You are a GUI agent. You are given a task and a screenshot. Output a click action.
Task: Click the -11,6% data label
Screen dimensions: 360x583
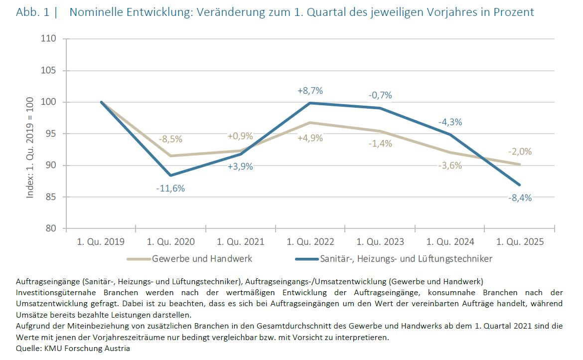point(171,189)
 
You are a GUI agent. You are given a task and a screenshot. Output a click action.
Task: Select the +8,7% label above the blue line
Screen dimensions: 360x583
point(310,91)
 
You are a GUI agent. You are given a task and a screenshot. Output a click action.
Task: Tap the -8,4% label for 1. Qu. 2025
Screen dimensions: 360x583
point(519,198)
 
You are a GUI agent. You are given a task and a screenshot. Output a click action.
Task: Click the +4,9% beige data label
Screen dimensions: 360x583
point(310,138)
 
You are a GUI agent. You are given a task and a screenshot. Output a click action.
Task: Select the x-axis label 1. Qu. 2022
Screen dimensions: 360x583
point(310,242)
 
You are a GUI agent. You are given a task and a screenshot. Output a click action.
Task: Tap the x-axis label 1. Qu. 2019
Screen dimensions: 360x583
point(101,242)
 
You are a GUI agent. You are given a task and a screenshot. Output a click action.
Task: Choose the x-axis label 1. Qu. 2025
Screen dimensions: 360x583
point(520,242)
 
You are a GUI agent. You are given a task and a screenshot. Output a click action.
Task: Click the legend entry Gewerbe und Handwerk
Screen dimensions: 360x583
point(202,259)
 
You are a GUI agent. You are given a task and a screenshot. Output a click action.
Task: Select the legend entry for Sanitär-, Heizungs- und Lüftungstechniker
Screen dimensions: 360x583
point(406,259)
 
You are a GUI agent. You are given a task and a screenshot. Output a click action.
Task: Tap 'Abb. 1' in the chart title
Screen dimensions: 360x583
point(32,12)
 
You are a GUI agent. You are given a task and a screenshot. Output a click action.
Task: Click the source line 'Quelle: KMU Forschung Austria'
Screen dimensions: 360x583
point(73,349)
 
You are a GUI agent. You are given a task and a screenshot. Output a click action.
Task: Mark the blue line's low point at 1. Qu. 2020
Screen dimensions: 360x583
point(171,176)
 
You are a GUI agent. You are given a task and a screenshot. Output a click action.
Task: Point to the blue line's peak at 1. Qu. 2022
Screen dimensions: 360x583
point(310,103)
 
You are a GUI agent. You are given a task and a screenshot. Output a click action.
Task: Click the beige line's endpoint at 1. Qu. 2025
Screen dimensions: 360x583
point(520,164)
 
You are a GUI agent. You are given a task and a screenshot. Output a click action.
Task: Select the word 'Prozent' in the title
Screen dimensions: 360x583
point(514,12)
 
